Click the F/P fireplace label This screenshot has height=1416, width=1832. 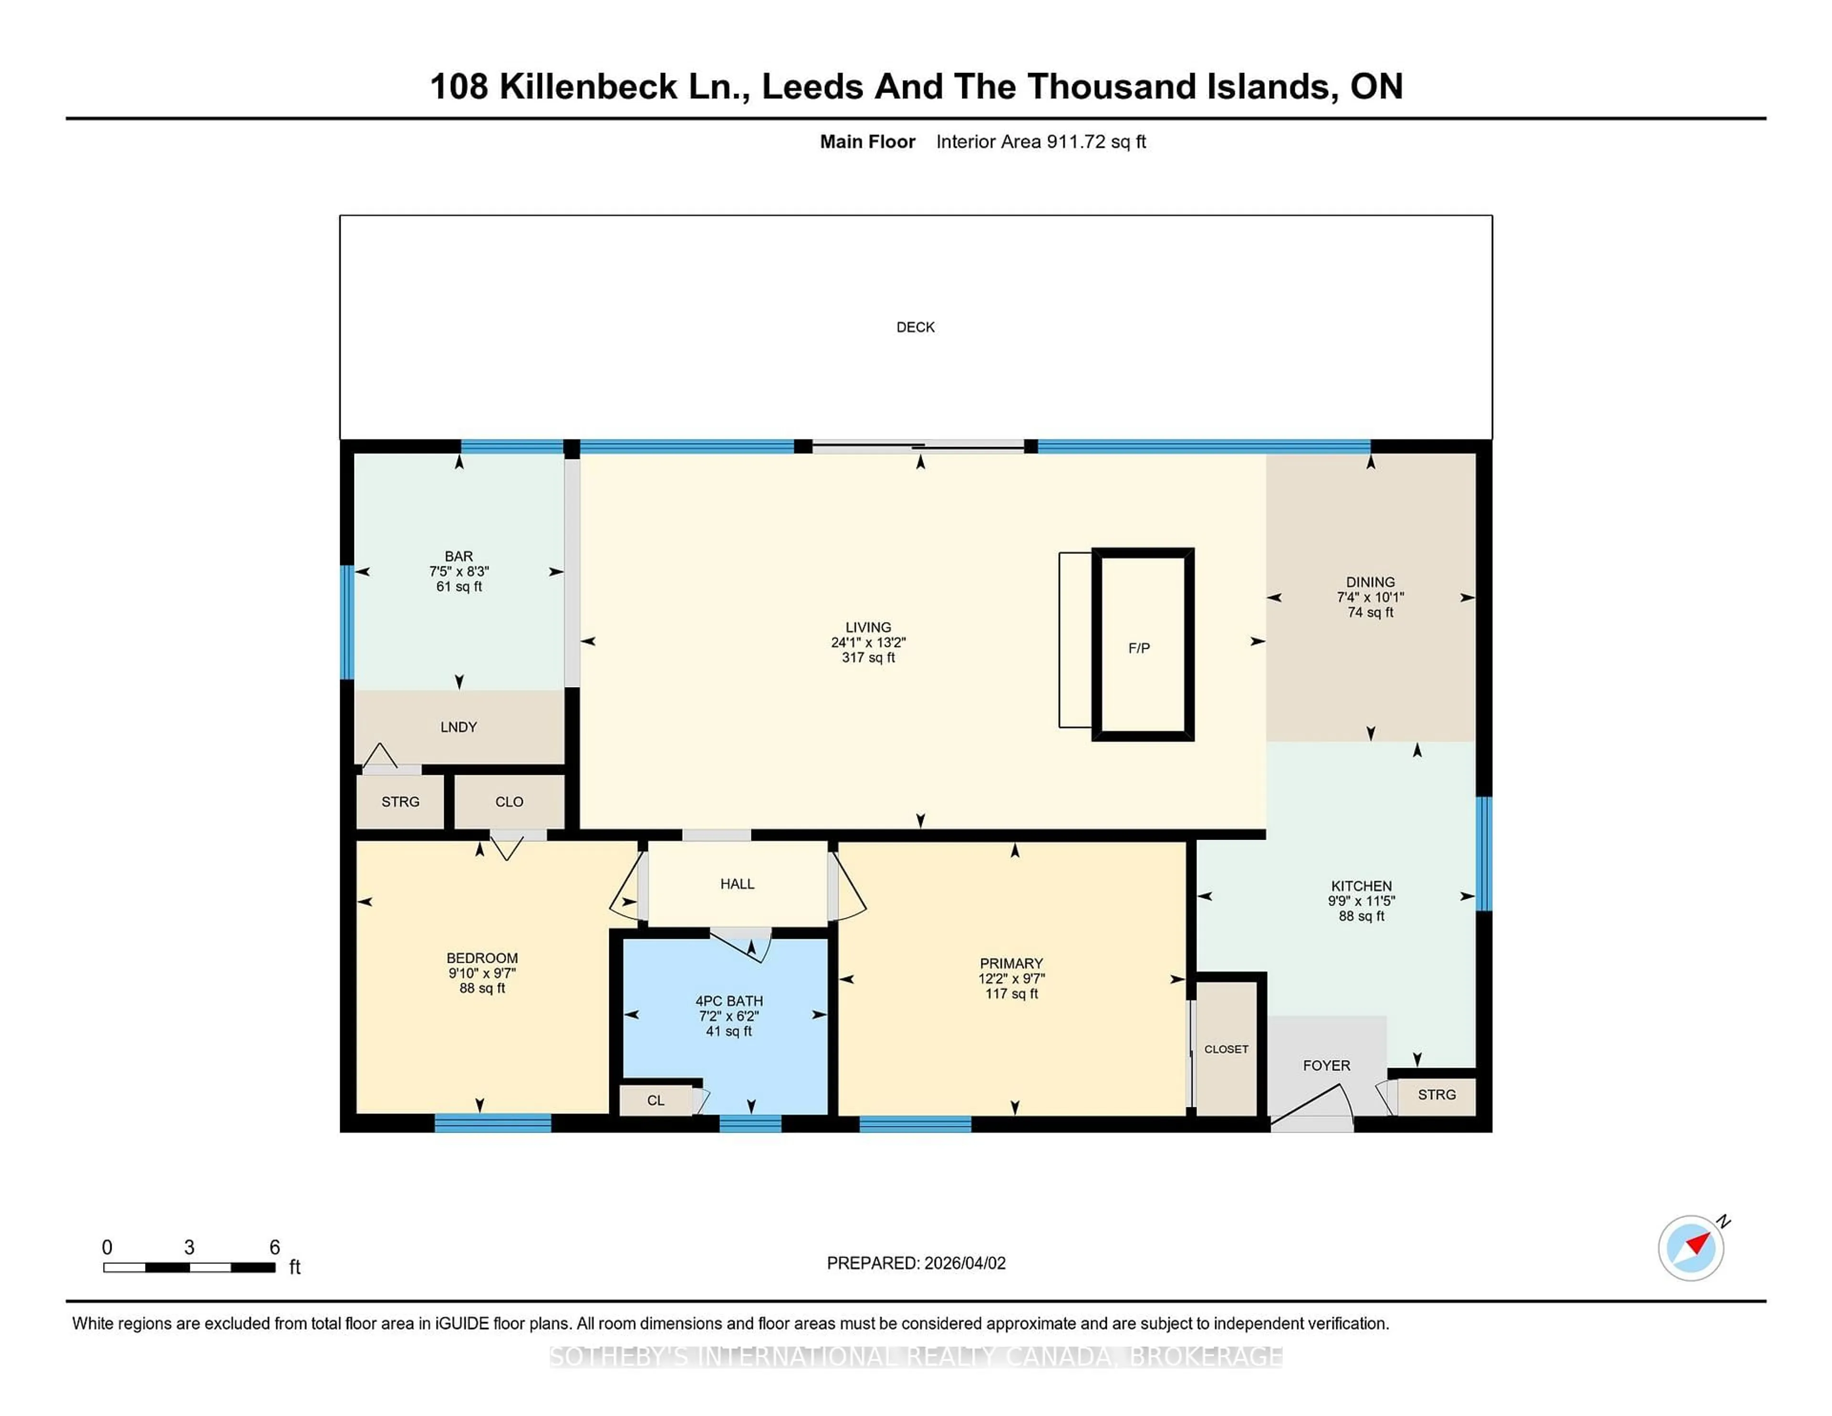(x=1138, y=647)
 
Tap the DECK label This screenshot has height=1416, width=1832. (x=915, y=327)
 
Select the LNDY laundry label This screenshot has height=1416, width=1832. (x=458, y=727)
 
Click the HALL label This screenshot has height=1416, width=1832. (x=737, y=883)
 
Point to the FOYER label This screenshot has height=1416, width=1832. (x=1326, y=1065)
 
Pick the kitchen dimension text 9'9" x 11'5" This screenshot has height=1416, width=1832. (x=1361, y=901)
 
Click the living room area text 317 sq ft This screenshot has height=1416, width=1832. (x=868, y=658)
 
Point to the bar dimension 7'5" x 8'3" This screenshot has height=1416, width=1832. (x=459, y=571)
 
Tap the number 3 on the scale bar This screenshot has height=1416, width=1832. (x=189, y=1248)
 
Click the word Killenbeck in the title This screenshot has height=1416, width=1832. (x=588, y=86)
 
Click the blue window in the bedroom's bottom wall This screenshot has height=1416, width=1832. (x=492, y=1123)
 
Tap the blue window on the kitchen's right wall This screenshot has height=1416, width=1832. (x=1483, y=853)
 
